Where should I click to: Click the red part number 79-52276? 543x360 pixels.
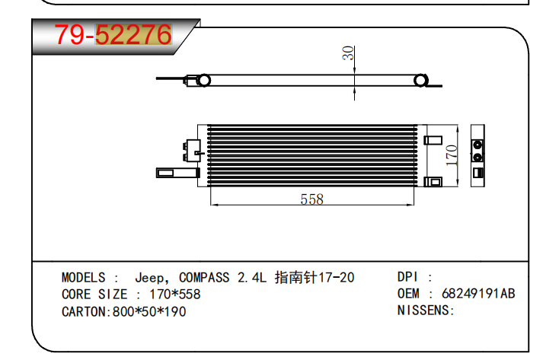(x=113, y=34)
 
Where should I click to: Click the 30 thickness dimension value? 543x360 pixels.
(x=348, y=53)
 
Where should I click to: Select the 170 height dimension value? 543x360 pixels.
(x=451, y=155)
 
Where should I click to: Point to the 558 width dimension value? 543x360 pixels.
(x=311, y=199)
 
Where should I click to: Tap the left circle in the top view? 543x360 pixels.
(x=203, y=81)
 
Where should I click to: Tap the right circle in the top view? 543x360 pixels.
(x=420, y=81)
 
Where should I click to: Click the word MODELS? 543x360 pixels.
(x=84, y=277)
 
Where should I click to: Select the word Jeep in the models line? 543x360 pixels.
(x=149, y=278)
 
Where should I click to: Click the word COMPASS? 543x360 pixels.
(x=204, y=277)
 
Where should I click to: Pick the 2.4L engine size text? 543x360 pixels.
(x=252, y=277)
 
